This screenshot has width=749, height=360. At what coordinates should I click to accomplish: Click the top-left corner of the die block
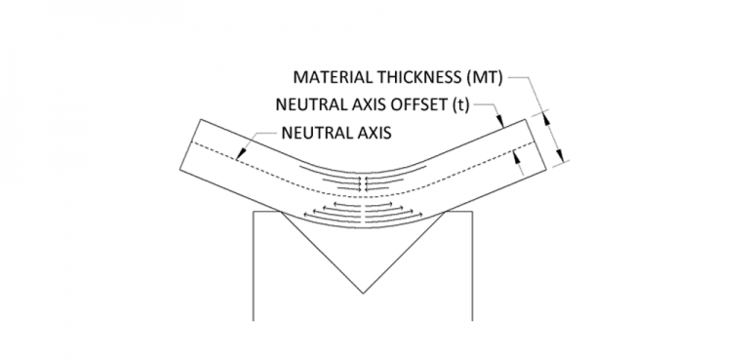(253, 212)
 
